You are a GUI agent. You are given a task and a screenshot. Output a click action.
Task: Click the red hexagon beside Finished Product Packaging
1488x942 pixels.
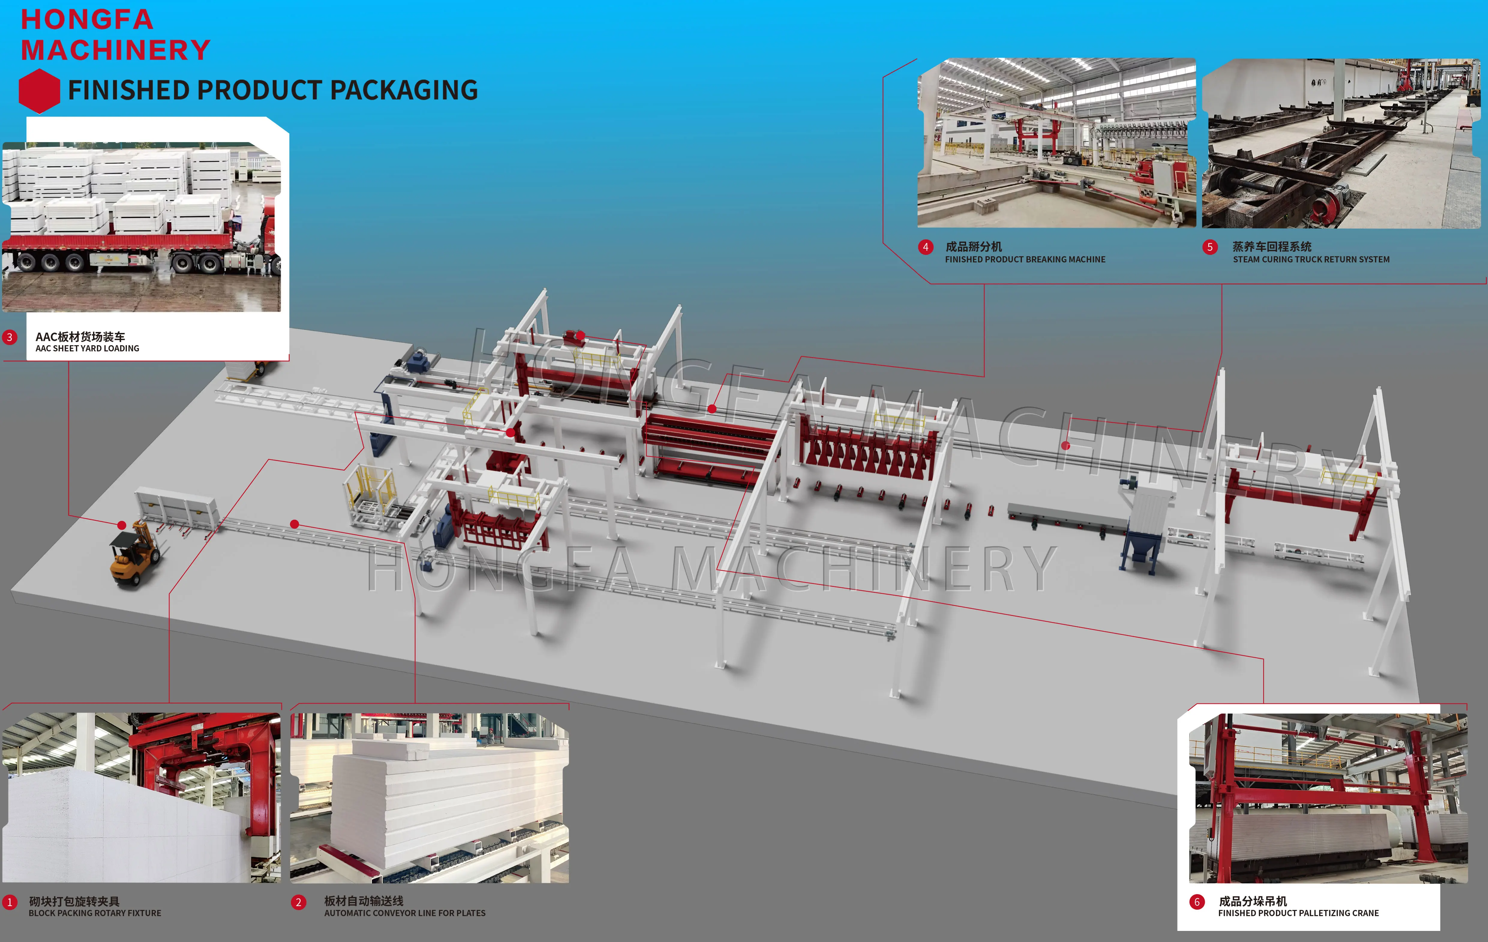click(x=39, y=91)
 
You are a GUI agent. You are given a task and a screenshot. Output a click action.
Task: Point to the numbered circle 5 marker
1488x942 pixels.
click(x=1210, y=247)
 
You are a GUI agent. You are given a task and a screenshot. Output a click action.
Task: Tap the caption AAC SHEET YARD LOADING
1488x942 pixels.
click(x=87, y=348)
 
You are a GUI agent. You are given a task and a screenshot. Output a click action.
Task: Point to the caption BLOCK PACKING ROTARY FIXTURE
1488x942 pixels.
click(x=94, y=913)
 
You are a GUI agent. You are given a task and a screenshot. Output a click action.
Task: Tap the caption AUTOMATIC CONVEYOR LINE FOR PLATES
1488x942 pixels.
click(x=405, y=913)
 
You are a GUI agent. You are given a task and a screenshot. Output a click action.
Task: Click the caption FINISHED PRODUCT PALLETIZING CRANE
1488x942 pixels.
click(x=1298, y=913)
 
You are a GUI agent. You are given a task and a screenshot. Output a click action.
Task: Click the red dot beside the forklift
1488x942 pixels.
click(x=122, y=525)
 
